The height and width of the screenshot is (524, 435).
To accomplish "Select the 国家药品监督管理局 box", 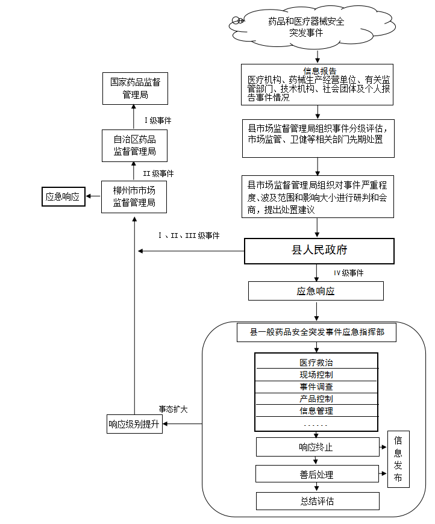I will click(135, 88).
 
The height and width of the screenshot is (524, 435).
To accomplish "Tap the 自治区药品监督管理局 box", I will click(134, 146).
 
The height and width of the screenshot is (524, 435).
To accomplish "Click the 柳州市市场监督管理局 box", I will click(134, 197).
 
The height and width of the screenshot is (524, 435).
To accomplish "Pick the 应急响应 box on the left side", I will click(63, 196).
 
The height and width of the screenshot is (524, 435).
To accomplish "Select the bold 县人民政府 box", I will click(319, 251).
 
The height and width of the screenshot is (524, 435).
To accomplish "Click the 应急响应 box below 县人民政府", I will click(316, 292).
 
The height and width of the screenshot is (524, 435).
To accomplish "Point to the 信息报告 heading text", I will click(319, 70).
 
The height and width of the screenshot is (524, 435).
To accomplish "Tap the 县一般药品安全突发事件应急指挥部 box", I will click(317, 332).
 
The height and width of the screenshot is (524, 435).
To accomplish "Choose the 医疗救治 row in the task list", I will click(316, 363).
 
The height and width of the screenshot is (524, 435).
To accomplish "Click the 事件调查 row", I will click(316, 387).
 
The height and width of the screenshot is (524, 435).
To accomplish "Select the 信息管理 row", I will click(316, 411).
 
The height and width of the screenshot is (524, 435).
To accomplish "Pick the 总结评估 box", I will click(318, 501).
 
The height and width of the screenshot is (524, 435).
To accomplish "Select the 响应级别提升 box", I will click(134, 424).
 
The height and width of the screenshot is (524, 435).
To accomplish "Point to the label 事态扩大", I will click(173, 409).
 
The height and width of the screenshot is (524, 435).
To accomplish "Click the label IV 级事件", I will click(348, 273).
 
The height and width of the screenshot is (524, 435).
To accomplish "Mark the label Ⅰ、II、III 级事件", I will click(189, 235).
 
